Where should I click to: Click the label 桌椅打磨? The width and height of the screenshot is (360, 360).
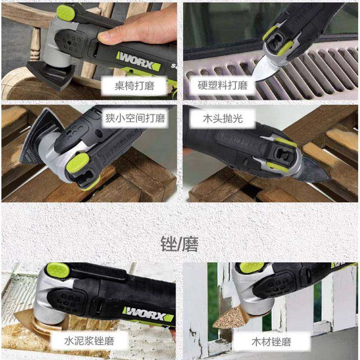click(x=135, y=85)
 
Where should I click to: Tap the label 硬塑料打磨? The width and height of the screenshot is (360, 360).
click(x=223, y=85)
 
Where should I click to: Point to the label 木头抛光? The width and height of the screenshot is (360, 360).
click(x=222, y=118)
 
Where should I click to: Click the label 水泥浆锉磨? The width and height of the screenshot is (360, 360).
click(x=89, y=341)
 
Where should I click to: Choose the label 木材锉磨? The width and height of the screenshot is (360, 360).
click(x=270, y=341)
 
